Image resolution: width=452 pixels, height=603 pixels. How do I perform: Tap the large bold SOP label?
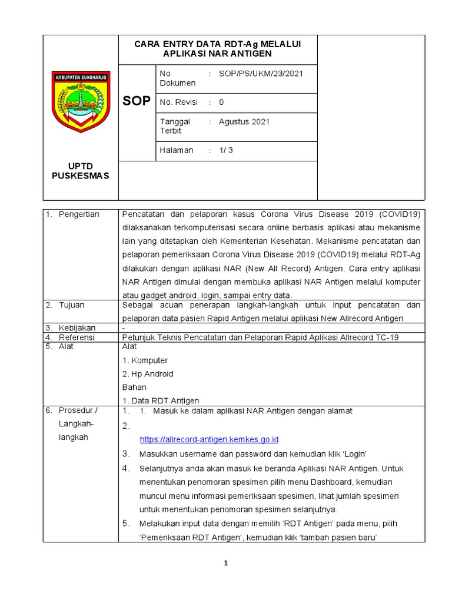click(137, 101)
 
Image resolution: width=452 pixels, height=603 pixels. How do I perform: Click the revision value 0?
click(221, 102)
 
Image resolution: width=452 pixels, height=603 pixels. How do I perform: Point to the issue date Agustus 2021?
click(244, 122)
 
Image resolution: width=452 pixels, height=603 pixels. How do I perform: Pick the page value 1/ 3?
click(226, 150)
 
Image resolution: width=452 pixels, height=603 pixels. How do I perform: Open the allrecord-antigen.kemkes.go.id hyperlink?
click(209, 439)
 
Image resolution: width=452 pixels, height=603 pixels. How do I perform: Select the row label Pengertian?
click(79, 214)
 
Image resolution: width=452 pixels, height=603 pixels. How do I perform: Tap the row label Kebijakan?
click(77, 327)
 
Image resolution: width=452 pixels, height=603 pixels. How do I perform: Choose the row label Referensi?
click(77, 337)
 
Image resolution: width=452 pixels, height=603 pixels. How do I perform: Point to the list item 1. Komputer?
click(145, 360)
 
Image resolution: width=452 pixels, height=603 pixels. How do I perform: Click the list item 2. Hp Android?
click(148, 374)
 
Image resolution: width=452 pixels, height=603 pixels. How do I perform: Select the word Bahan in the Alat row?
click(134, 387)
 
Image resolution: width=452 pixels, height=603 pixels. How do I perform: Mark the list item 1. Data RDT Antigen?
click(160, 400)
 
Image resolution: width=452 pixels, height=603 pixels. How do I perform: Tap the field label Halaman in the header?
click(177, 150)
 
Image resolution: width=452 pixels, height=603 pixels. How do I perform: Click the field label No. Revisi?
click(180, 102)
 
